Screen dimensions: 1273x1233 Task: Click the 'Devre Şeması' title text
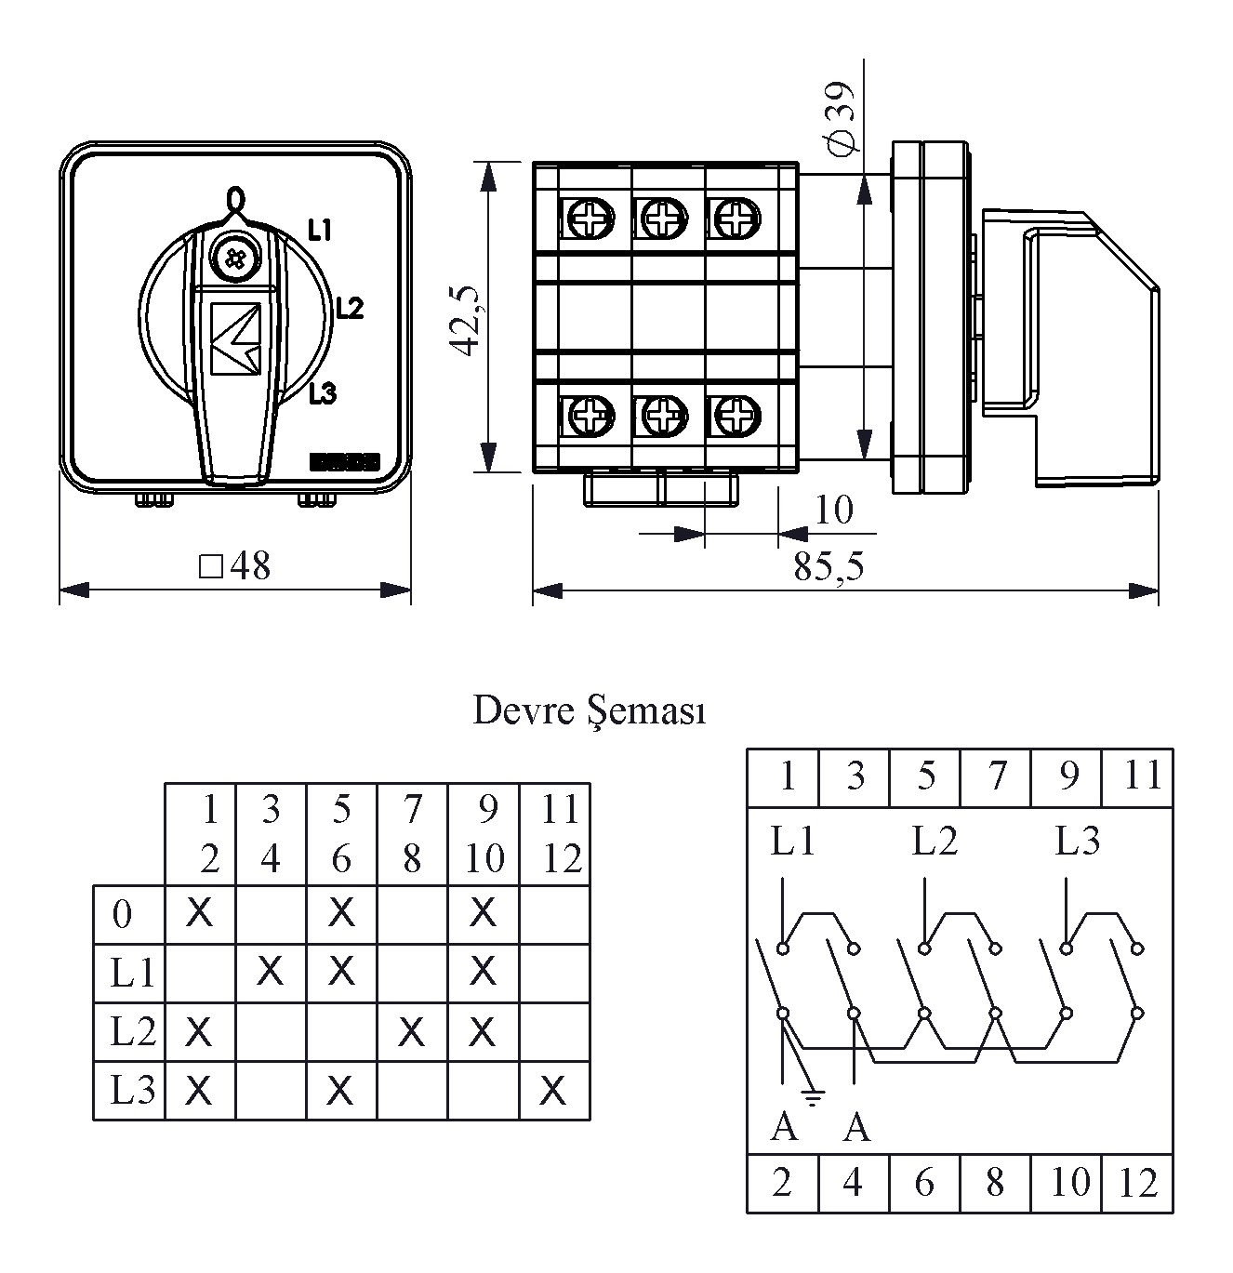[x=590, y=711]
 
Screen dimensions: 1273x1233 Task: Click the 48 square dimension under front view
[x=236, y=565]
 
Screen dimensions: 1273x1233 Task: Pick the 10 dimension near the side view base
[x=833, y=510]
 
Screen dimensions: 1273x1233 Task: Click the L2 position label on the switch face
[x=350, y=308]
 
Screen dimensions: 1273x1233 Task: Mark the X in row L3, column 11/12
[x=553, y=1090]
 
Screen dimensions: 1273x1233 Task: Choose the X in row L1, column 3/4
[x=270, y=972]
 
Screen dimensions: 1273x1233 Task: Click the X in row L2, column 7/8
[x=411, y=1031]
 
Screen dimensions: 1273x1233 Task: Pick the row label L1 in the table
[x=132, y=974]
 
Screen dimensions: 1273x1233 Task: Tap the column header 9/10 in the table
[x=484, y=834]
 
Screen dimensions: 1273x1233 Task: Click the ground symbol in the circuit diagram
[x=814, y=1097]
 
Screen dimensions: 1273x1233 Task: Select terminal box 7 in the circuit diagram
[x=996, y=776]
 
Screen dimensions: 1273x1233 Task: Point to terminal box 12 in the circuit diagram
[x=1138, y=1184]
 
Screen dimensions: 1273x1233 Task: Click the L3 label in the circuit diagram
[x=1077, y=842]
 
